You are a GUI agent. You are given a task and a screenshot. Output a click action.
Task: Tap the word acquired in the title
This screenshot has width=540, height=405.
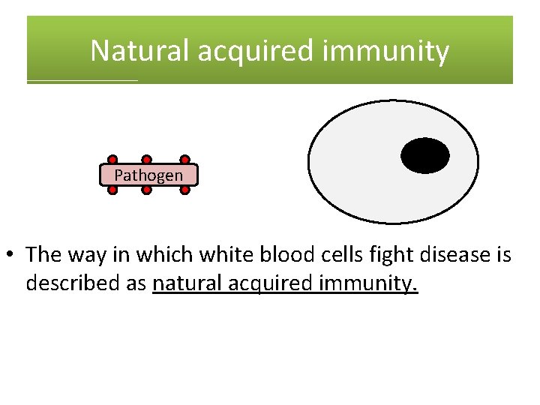click(x=250, y=51)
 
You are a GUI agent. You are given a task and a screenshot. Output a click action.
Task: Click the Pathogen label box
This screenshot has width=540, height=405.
click(x=148, y=175)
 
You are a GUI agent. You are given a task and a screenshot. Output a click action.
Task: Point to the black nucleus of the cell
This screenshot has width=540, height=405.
click(x=425, y=156)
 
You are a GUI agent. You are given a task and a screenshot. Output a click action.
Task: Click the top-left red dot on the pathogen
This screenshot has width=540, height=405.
click(x=112, y=160)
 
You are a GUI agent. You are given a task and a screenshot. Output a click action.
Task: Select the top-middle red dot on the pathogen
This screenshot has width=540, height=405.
click(x=147, y=160)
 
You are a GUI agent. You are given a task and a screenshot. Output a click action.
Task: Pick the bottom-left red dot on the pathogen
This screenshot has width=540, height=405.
click(x=112, y=190)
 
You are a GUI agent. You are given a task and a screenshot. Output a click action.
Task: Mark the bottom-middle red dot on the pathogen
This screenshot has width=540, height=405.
click(x=147, y=190)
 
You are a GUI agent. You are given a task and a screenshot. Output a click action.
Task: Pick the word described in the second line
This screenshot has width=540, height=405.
click(x=70, y=284)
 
